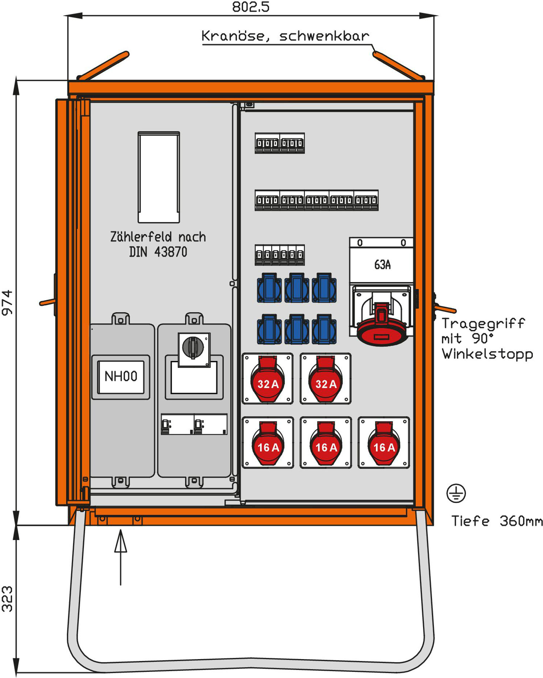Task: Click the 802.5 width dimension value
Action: tap(251, 7)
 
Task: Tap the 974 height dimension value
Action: tap(7, 302)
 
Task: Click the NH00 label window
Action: tap(121, 376)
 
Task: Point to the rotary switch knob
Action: tap(193, 347)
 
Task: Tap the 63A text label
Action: tap(382, 265)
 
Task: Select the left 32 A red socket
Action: tap(268, 379)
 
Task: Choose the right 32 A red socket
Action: tap(326, 379)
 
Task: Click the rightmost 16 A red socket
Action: tap(384, 443)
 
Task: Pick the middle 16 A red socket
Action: tap(326, 443)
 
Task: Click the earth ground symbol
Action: tap(456, 493)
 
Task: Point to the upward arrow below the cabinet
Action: tap(121, 557)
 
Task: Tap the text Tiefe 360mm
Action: tap(497, 521)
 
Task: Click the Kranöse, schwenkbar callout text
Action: tap(285, 36)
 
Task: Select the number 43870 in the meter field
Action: tap(170, 252)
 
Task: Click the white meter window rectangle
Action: tap(159, 177)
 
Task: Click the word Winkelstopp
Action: tap(487, 354)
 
